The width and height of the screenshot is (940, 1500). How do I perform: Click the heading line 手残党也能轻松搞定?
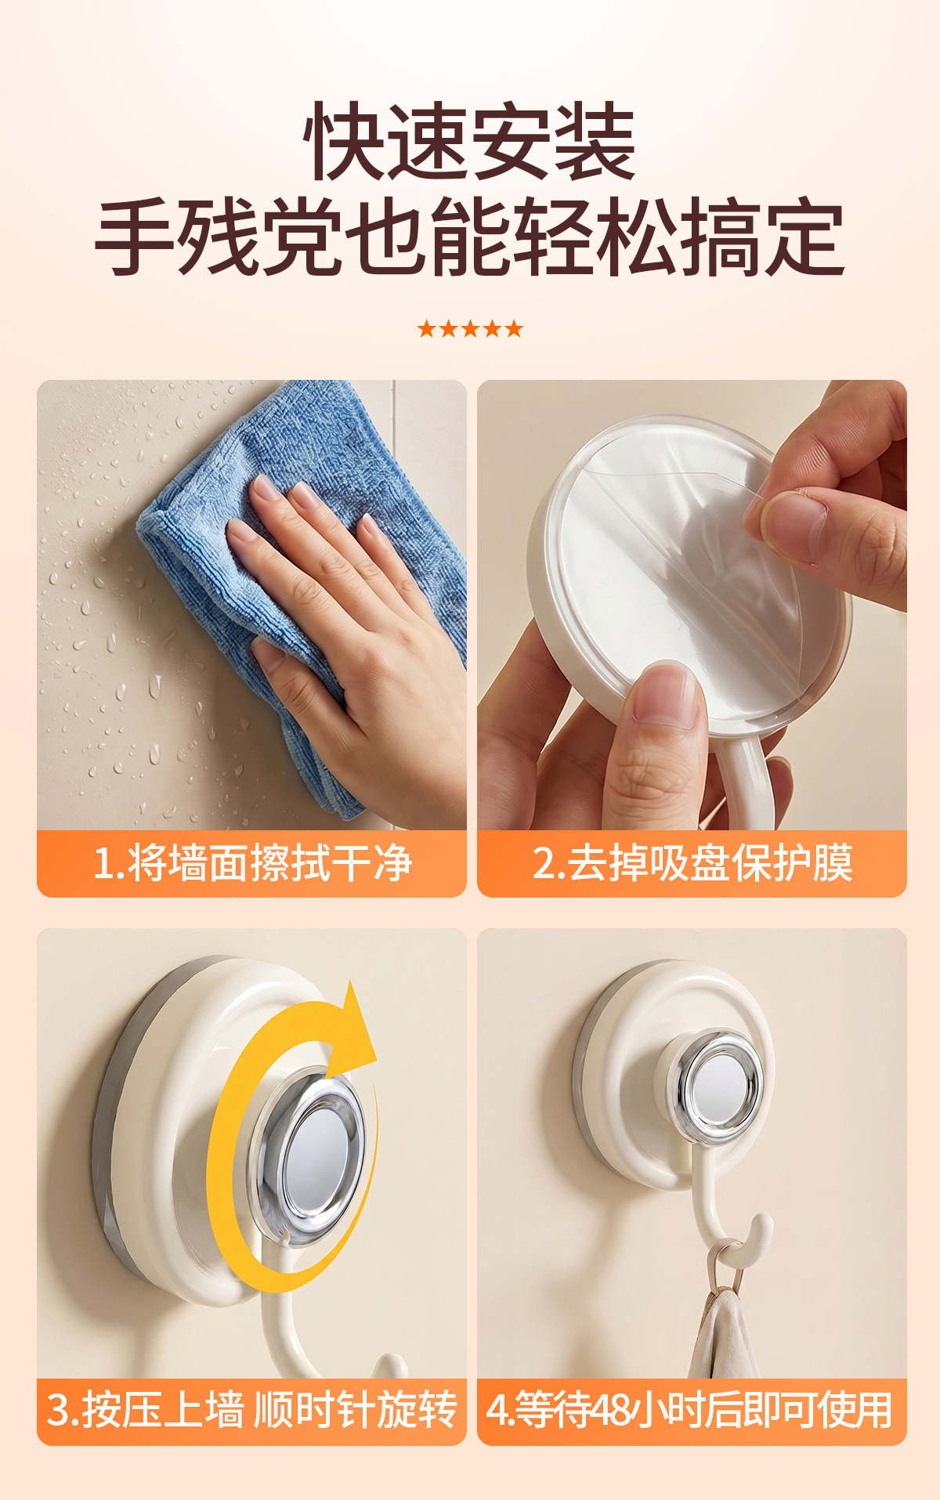click(470, 237)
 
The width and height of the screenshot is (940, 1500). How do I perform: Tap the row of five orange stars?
click(470, 328)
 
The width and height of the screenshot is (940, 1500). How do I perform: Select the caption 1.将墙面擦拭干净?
click(252, 863)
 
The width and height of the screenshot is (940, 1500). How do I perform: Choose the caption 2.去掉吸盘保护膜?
click(692, 863)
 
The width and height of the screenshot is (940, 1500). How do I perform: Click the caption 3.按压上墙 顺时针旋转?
click(252, 1410)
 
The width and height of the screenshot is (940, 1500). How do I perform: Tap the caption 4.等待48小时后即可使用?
click(689, 1410)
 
